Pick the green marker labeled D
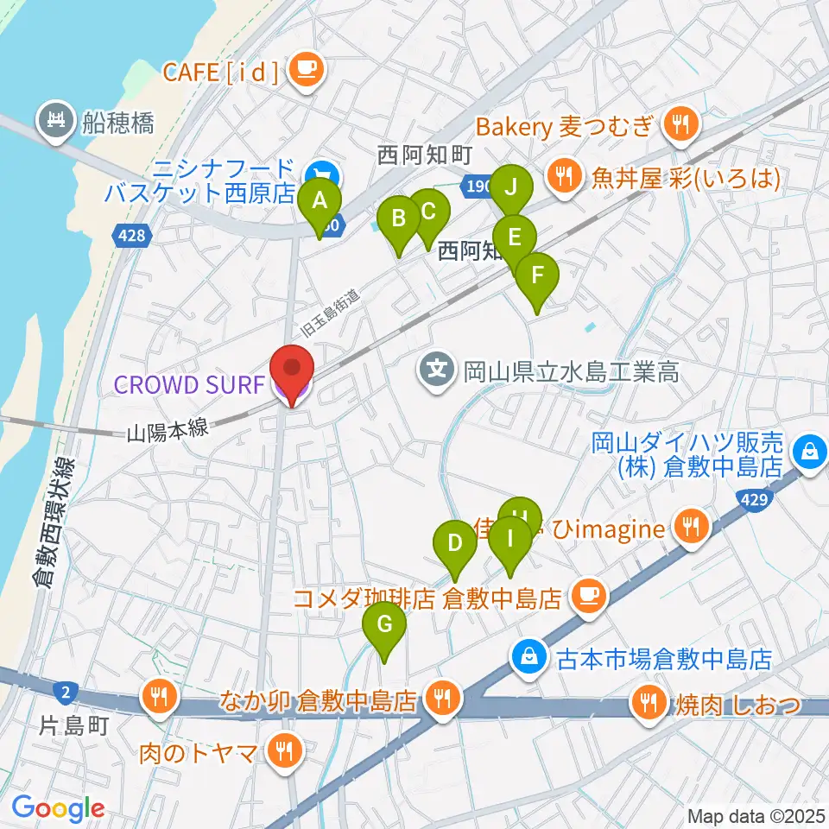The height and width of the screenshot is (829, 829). [454, 545]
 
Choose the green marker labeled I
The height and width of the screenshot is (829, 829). [509, 541]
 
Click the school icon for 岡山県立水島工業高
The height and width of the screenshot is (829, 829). [437, 372]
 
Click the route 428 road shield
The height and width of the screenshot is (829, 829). [133, 236]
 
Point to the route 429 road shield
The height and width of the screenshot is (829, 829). [754, 500]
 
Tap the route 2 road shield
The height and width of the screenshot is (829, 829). [66, 690]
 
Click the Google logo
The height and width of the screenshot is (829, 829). [58, 808]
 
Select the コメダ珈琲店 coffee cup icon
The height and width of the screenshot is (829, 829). [589, 595]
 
